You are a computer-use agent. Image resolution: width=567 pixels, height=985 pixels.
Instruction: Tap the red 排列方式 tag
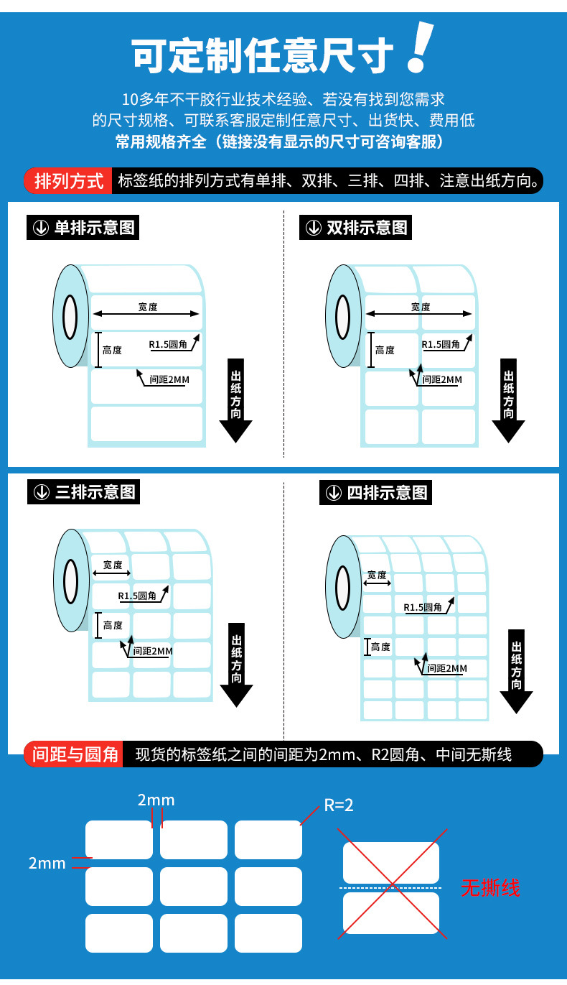coord(69,180)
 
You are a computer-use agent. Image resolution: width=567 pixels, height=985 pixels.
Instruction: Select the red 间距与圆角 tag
coord(75,754)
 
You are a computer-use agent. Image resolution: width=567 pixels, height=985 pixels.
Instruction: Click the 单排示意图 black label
coord(83,228)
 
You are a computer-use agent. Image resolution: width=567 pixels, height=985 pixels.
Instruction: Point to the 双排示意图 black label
coord(356,228)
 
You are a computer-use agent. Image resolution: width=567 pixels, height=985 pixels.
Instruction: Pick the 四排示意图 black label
coord(376,493)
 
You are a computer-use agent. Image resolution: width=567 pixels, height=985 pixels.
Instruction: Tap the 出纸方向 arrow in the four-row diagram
coord(516,671)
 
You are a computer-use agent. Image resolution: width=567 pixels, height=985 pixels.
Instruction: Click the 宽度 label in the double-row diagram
coord(421,307)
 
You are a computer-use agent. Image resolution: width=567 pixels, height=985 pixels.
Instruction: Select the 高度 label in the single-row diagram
coord(112,351)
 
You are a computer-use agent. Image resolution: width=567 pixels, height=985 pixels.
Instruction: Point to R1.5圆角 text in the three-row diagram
coord(137,596)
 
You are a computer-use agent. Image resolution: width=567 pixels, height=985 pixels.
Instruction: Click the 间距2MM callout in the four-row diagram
coord(446,669)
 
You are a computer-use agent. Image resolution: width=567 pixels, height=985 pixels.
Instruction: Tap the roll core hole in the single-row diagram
coord(70,316)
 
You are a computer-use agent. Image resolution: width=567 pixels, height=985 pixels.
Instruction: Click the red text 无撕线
coord(490,888)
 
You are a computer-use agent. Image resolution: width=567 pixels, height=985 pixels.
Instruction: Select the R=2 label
coord(339,805)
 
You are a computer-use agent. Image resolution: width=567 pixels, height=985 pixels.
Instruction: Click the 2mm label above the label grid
coord(156,800)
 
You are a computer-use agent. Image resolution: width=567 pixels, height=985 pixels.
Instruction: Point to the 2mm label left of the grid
coord(47,864)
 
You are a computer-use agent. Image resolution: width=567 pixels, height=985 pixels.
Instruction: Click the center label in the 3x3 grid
coord(194,887)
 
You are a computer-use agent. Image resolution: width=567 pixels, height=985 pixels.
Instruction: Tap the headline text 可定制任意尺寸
coord(263,56)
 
